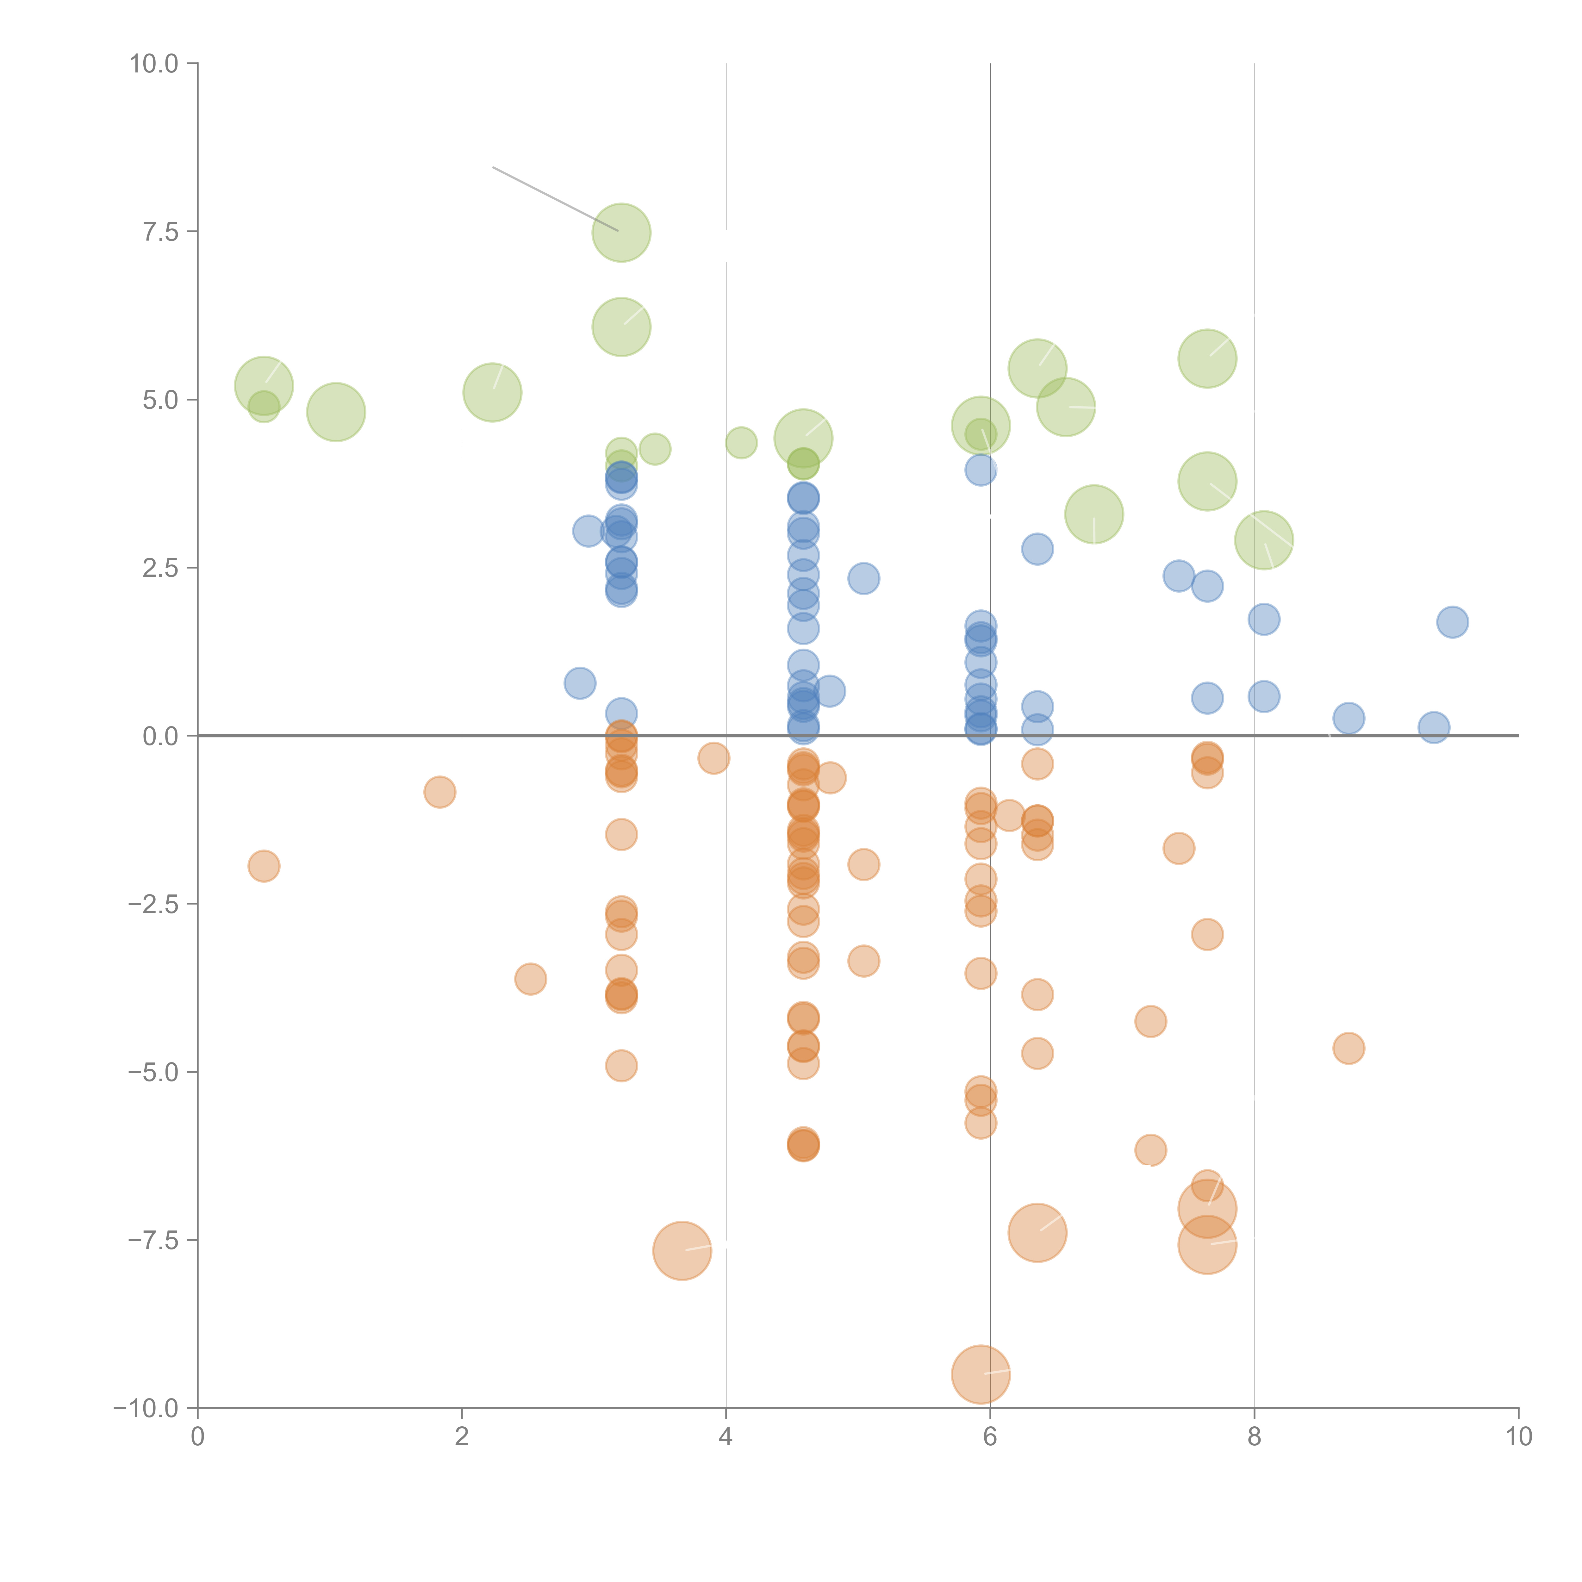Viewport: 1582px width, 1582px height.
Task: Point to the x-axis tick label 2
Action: pyautogui.click(x=462, y=1437)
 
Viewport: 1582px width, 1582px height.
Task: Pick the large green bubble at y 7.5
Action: pyautogui.click(x=621, y=233)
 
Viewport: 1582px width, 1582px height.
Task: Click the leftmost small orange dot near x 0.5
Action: pyautogui.click(x=264, y=866)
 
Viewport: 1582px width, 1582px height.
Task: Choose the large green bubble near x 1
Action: pyautogui.click(x=336, y=412)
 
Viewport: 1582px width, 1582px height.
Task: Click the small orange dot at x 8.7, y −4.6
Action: pyautogui.click(x=1348, y=1048)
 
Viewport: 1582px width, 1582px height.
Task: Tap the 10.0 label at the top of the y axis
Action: pyautogui.click(x=154, y=64)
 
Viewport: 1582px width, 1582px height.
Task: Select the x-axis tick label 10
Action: pyautogui.click(x=1518, y=1437)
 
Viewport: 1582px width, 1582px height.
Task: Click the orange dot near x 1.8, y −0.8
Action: pyautogui.click(x=440, y=792)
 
